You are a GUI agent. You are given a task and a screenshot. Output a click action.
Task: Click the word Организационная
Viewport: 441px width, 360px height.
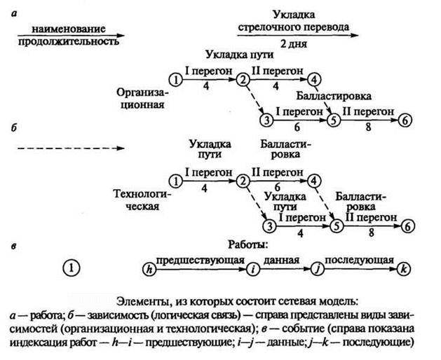(141, 99)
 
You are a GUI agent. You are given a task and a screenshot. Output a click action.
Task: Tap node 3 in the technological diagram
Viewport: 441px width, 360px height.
(268, 226)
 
